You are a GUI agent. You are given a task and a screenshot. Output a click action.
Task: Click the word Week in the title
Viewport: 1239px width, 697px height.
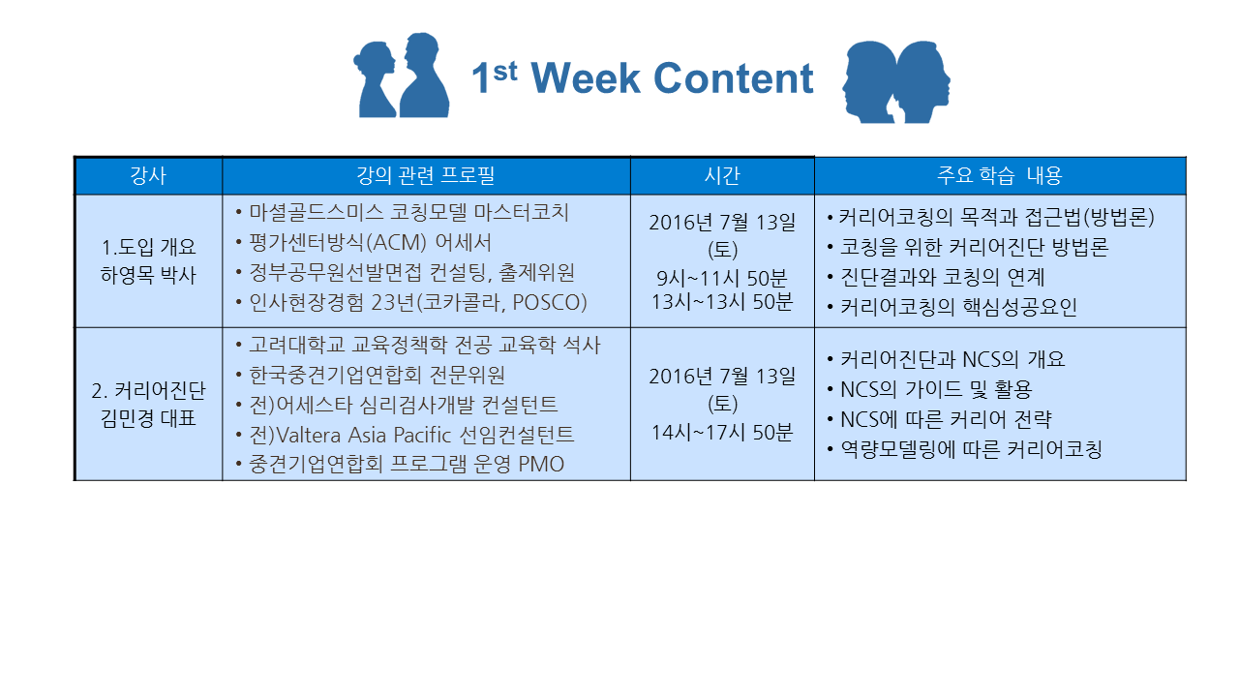(x=586, y=78)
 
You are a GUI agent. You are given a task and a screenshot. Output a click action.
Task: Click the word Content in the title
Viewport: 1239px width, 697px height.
(x=734, y=78)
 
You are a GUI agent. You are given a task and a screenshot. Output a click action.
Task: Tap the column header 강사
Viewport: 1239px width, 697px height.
(x=148, y=175)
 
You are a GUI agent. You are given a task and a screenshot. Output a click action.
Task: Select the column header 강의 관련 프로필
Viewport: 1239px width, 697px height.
(x=425, y=175)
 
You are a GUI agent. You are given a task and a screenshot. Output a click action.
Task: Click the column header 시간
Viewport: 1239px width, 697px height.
(x=722, y=175)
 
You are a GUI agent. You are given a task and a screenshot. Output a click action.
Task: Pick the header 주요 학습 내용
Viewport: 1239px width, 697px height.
(x=1000, y=175)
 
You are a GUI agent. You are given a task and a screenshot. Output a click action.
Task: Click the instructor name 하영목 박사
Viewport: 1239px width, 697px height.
(x=148, y=275)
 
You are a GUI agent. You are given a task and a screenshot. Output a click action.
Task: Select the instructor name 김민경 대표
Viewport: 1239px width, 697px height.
(x=148, y=418)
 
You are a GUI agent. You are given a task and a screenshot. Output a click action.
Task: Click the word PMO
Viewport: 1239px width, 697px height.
(x=541, y=464)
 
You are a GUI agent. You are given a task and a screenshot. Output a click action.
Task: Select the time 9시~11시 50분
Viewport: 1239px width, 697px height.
(x=722, y=278)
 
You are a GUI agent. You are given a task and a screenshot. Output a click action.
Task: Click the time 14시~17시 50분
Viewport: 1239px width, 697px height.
(x=722, y=433)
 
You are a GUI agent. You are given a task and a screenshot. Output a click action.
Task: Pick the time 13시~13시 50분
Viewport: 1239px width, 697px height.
(x=722, y=302)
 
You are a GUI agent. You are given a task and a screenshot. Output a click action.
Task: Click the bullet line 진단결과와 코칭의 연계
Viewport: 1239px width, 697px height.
(x=942, y=277)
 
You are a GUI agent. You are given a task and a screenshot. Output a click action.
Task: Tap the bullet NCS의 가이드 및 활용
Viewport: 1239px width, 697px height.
(x=936, y=390)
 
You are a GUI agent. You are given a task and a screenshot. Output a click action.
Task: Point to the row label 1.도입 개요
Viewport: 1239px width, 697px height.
(x=148, y=247)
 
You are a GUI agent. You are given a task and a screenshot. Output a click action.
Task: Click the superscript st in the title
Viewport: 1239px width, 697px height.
(x=505, y=72)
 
